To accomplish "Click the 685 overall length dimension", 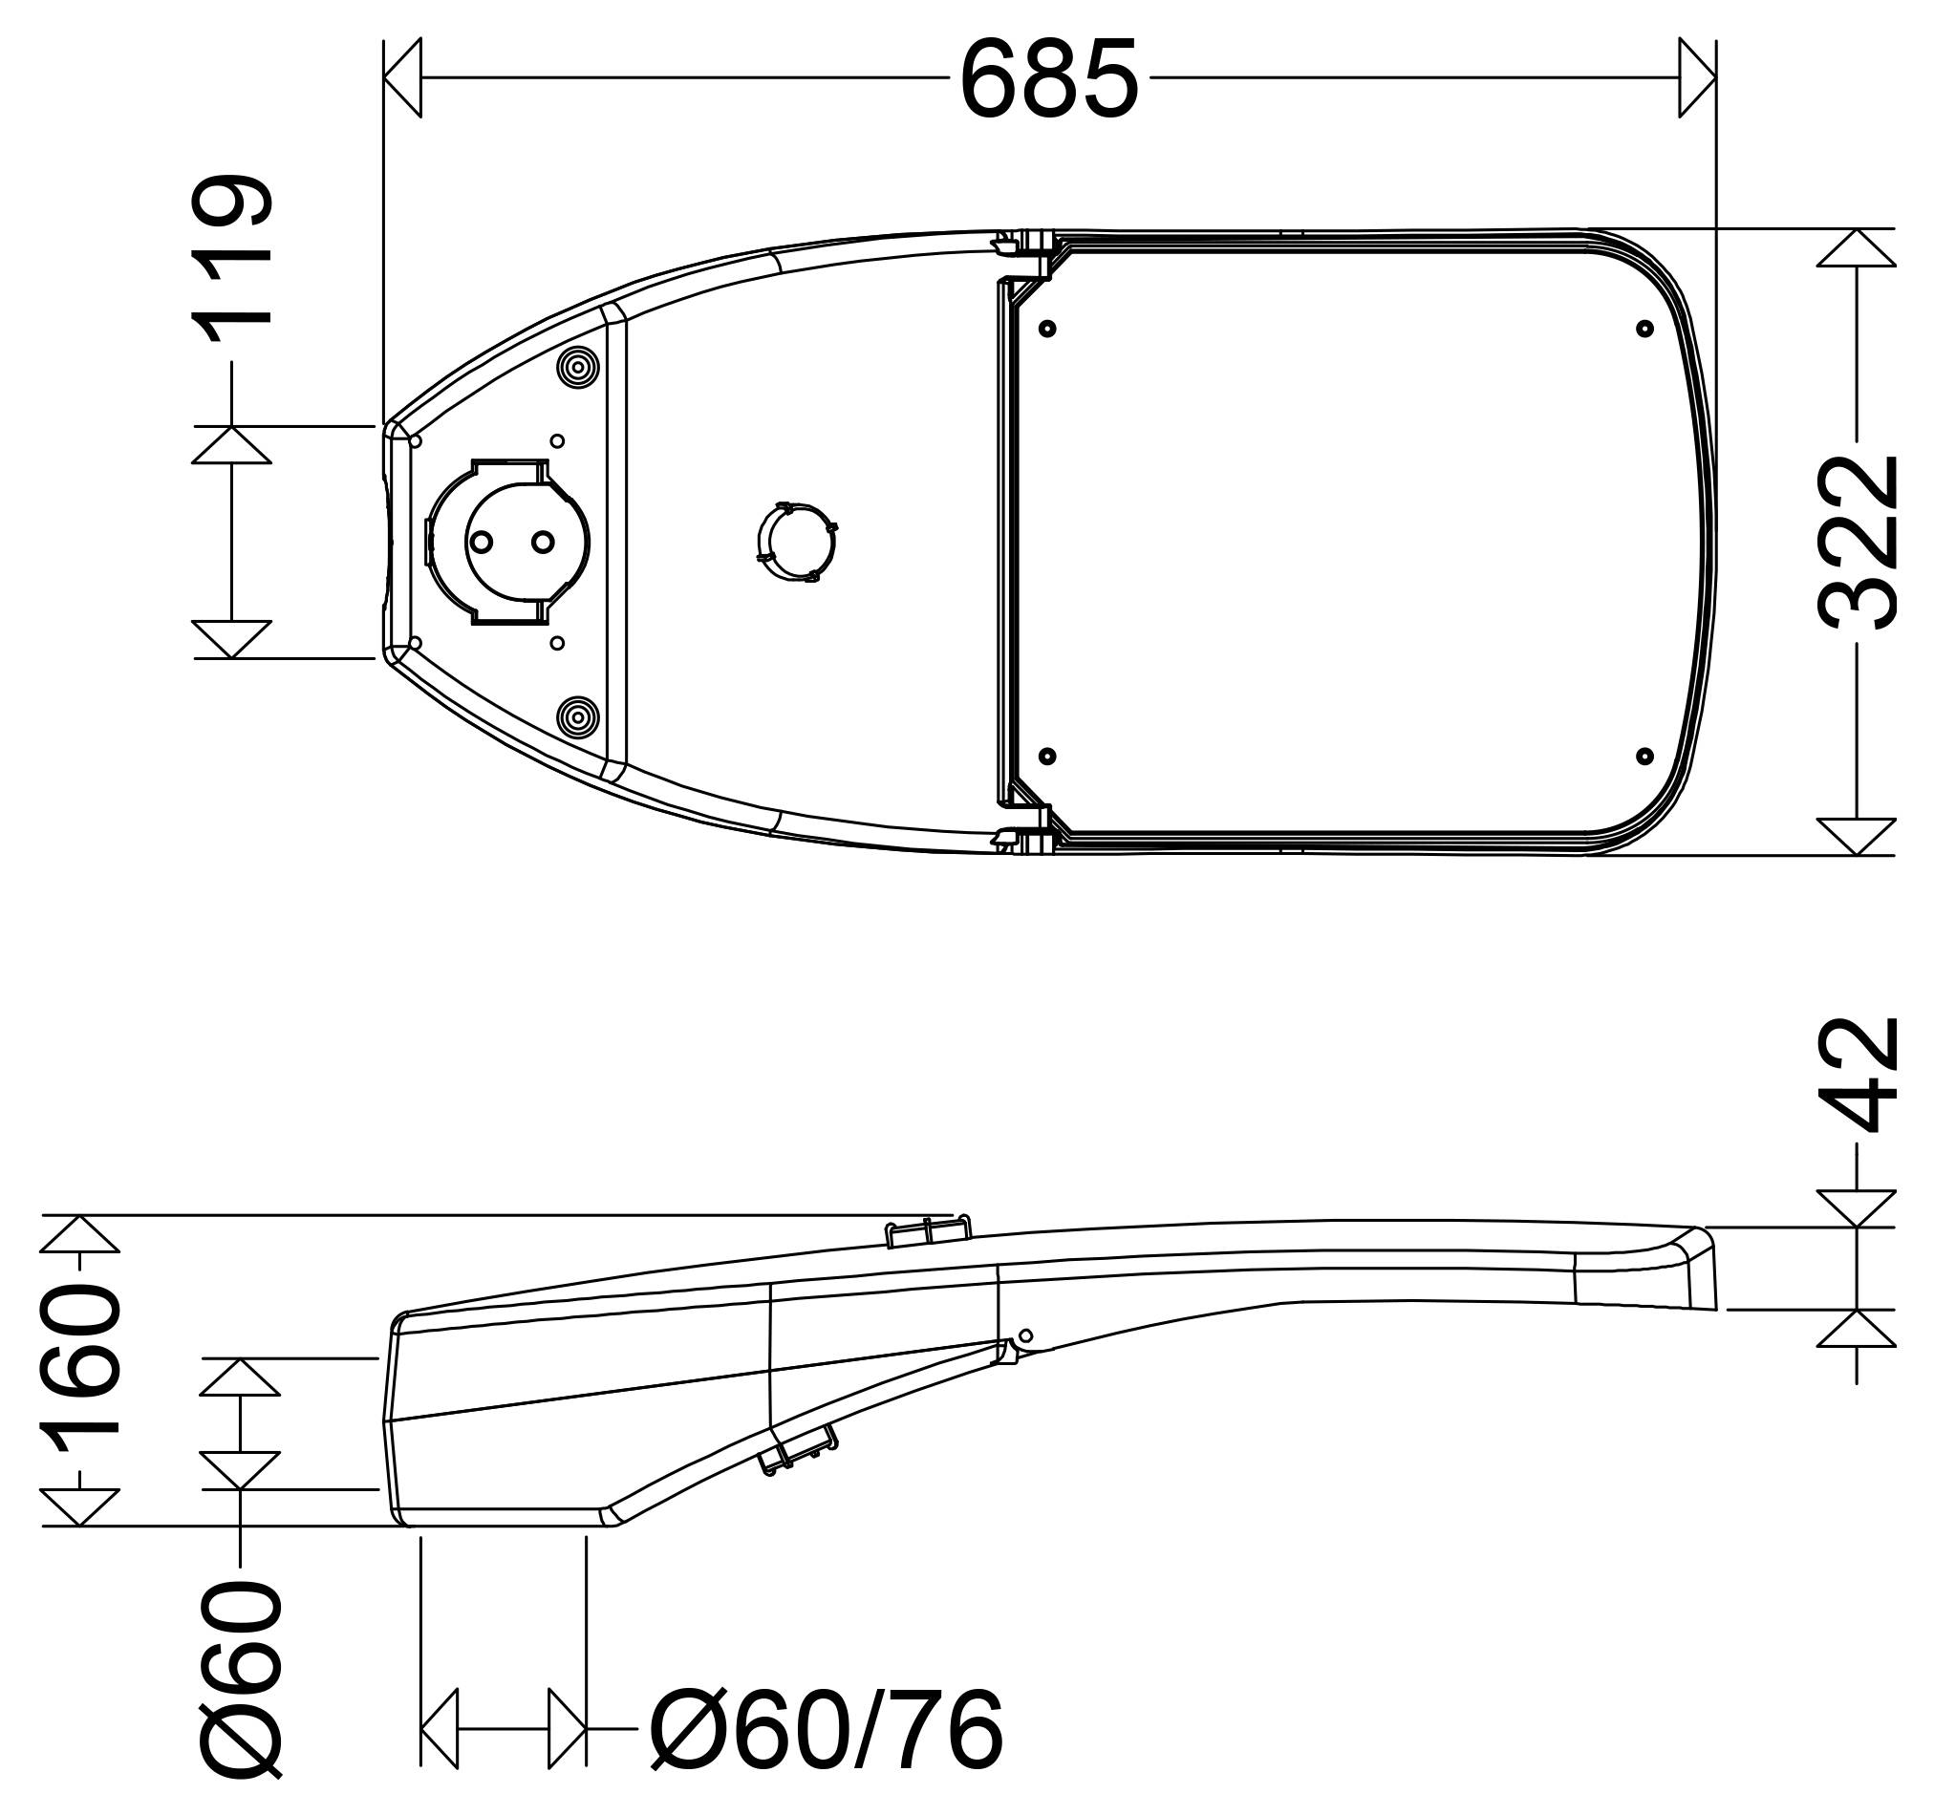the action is (x=1049, y=78).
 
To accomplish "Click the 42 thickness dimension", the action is (x=1858, y=1075).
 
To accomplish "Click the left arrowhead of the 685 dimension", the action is (x=402, y=78).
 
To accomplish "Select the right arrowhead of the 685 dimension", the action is (x=1698, y=78).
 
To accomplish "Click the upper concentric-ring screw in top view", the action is (x=578, y=368).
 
